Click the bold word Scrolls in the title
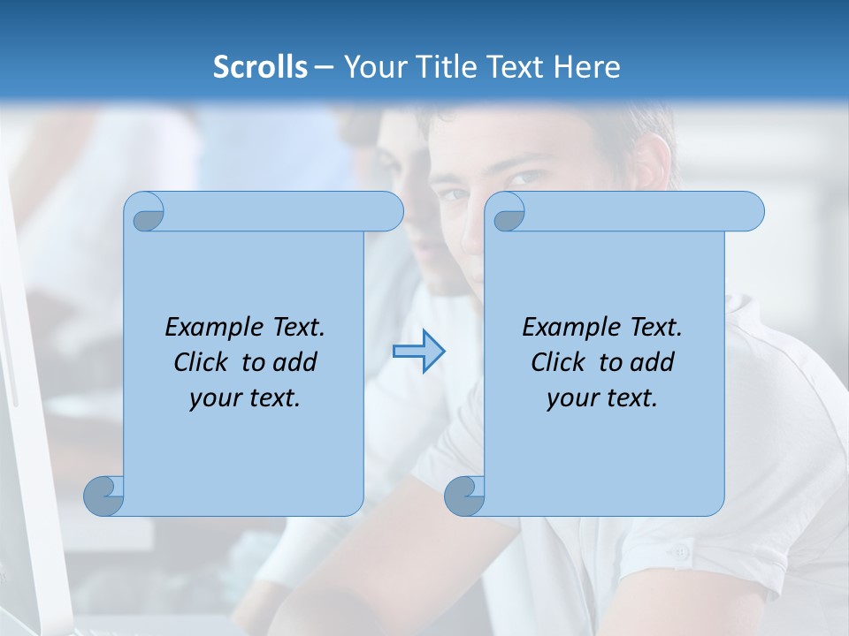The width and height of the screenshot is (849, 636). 261,66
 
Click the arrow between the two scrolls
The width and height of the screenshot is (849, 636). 418,352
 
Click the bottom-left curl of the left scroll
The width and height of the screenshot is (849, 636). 103,496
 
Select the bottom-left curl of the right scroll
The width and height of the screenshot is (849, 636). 464,496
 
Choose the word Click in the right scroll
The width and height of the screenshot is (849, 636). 558,362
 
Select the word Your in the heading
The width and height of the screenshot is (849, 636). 372,66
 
